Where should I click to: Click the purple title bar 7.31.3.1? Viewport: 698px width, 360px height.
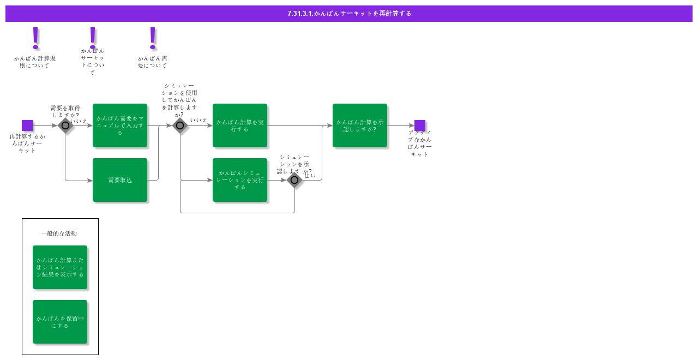click(x=349, y=14)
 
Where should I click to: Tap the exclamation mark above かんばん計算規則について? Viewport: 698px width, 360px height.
click(x=36, y=38)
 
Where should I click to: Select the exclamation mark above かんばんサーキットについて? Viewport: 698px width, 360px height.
click(x=93, y=37)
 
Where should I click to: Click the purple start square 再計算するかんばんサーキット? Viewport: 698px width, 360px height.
click(x=27, y=125)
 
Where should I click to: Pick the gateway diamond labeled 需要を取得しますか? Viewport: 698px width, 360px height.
click(x=65, y=125)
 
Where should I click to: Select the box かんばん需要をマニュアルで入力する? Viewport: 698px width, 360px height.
click(x=120, y=125)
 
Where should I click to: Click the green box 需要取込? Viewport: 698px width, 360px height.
click(x=120, y=180)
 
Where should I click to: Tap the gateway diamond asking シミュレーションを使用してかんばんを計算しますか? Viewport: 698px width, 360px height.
click(x=180, y=125)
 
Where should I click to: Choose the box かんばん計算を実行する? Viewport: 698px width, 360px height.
click(x=240, y=125)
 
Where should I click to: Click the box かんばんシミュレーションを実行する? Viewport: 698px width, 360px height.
click(x=240, y=180)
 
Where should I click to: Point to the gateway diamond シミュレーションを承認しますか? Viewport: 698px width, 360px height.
click(x=294, y=180)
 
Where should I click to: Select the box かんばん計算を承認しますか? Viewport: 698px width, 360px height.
click(x=360, y=125)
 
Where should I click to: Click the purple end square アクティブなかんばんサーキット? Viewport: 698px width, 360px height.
click(x=420, y=125)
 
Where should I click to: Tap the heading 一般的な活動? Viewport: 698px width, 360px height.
click(x=59, y=233)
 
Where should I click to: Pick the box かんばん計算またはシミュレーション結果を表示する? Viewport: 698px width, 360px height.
click(x=60, y=267)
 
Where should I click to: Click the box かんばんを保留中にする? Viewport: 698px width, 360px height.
click(x=60, y=322)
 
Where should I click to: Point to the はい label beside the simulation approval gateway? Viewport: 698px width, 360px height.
click(x=310, y=176)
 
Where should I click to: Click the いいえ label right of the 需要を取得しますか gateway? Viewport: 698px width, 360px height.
click(x=79, y=121)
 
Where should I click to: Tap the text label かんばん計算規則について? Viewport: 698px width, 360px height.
click(x=35, y=62)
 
